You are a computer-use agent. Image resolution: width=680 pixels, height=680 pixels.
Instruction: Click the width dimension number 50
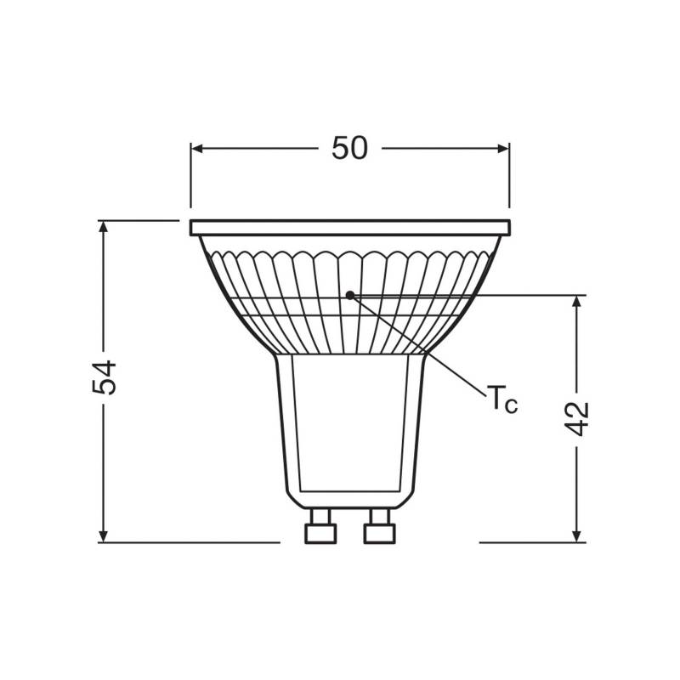349,148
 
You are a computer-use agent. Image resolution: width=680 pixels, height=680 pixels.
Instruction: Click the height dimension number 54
104,377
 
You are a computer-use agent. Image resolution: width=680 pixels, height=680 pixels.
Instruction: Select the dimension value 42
578,417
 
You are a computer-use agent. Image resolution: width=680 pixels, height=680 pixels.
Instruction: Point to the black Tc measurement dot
349,295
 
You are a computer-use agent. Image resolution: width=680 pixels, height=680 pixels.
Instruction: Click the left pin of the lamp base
320,529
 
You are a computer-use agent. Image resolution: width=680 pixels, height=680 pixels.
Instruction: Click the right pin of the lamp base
378,529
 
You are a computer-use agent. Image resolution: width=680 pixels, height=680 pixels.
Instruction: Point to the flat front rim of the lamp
349,228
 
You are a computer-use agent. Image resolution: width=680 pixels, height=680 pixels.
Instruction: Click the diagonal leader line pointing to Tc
425,348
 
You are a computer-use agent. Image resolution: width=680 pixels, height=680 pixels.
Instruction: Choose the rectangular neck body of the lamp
350,425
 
